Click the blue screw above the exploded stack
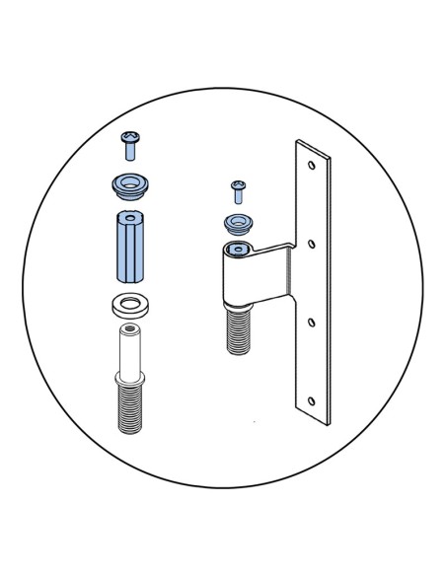tap(127, 147)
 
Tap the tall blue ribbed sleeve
tap(129, 249)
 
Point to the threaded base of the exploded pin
tap(130, 409)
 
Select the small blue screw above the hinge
tap(237, 187)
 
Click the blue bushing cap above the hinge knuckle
tap(238, 221)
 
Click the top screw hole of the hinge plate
tap(312, 165)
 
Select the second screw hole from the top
tap(312, 242)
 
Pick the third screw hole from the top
tap(312, 322)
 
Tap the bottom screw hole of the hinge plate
tap(312, 400)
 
